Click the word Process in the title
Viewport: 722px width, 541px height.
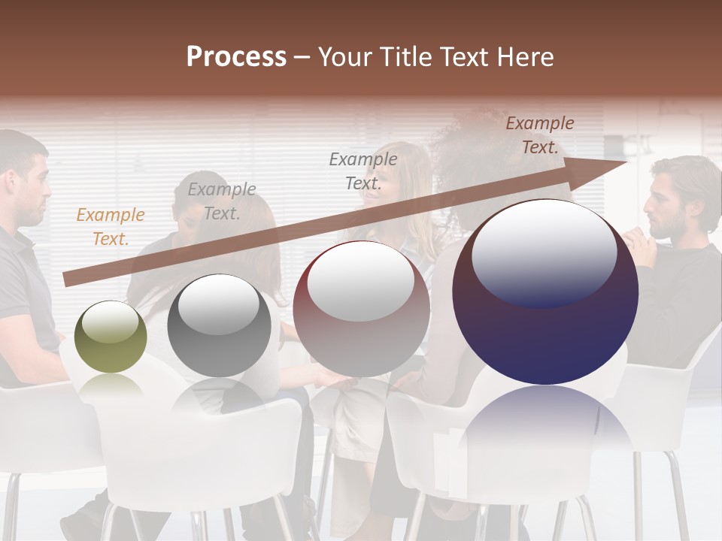(x=236, y=57)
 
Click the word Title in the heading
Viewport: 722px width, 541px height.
(x=404, y=57)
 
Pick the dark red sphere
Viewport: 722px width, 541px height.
(x=361, y=309)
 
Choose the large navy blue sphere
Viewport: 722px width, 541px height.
(x=545, y=292)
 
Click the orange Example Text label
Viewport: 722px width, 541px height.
(x=110, y=227)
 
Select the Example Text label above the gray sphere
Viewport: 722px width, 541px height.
(x=221, y=201)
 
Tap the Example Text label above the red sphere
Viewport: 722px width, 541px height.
(x=363, y=171)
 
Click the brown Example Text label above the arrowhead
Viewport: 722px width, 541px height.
(x=539, y=135)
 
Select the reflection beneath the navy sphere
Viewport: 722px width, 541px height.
(x=545, y=425)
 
